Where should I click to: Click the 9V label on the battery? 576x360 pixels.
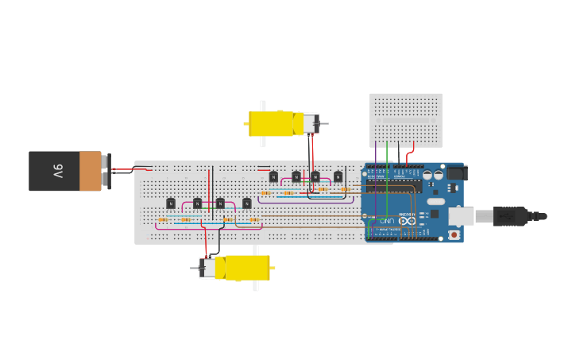58,171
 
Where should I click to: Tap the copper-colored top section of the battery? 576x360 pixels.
91,171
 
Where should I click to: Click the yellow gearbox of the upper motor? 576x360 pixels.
271,123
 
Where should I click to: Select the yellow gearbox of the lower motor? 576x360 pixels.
247,268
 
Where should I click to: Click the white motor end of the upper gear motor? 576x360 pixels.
307,123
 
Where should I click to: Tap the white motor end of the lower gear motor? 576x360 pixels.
208,268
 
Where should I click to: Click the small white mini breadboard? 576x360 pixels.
405,119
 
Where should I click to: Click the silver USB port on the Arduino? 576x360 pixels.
462,215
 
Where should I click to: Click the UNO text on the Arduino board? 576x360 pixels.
386,220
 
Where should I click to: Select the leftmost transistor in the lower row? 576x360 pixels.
170,203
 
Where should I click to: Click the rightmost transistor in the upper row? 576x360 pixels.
338,176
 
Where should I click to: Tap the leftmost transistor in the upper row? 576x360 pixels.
273,176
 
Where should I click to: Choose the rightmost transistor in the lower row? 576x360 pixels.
246,203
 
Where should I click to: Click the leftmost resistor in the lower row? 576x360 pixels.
163,220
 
